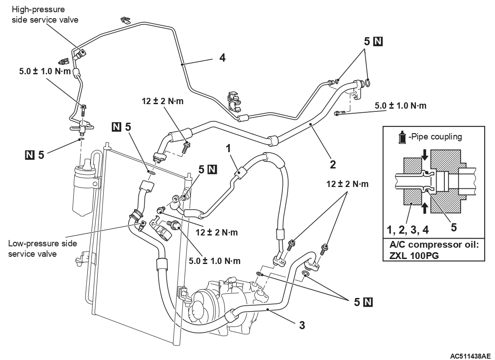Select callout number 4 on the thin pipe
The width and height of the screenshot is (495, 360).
(222, 58)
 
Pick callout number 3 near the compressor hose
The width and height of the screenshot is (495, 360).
(302, 325)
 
